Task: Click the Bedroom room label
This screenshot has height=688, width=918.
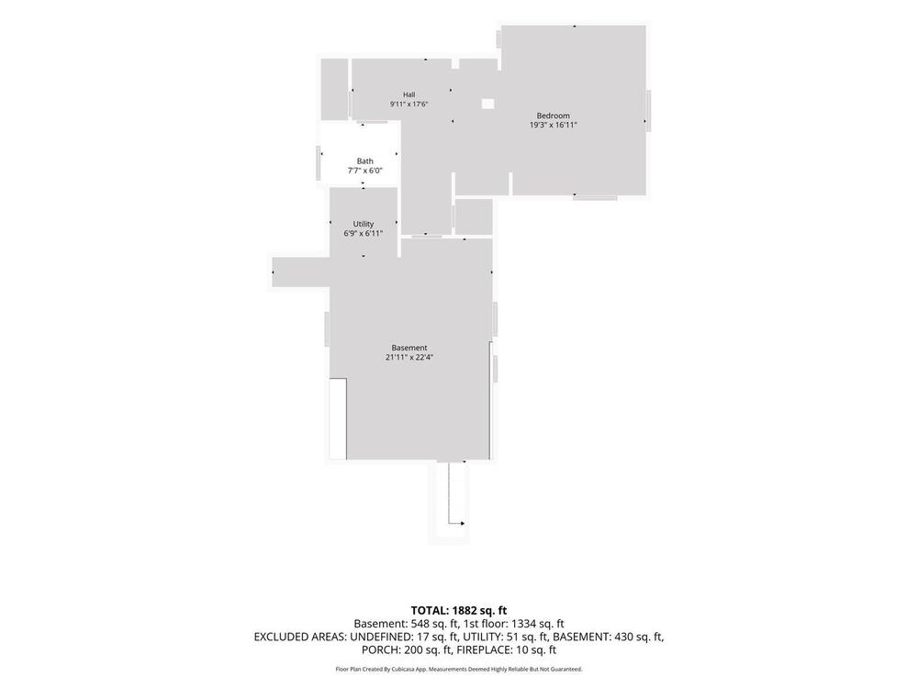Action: pos(553,116)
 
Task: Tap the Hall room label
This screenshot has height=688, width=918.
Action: pos(409,94)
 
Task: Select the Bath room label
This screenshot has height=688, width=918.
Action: pos(364,161)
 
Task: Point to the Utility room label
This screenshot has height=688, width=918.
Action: pos(363,224)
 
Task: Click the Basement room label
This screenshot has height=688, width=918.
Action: pos(409,348)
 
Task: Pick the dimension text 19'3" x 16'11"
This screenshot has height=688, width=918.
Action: pos(554,125)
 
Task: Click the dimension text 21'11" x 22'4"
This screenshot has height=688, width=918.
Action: pos(409,357)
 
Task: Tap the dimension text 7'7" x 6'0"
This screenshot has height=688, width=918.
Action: pos(364,171)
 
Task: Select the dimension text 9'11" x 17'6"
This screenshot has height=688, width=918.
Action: pos(409,104)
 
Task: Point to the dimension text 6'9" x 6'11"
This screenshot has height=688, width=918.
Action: pos(363,233)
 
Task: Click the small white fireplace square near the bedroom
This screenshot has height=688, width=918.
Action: pos(487,104)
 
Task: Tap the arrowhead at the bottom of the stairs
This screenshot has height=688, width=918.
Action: pos(463,523)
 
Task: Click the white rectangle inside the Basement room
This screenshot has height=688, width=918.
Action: pos(338,418)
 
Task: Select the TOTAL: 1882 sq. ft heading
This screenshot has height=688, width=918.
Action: pos(458,611)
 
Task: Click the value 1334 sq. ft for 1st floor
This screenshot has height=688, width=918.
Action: pos(537,624)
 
